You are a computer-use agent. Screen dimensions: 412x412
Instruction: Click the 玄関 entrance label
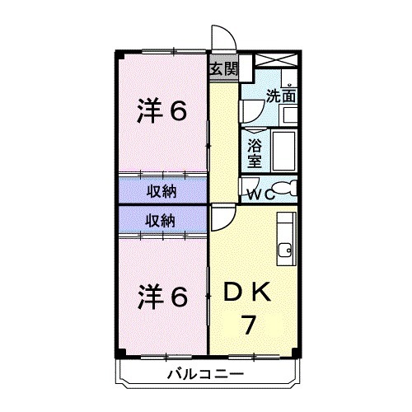pos(222,69)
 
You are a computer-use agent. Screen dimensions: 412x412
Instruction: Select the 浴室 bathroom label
pos(255,153)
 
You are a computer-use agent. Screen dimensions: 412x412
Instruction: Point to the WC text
pos(263,195)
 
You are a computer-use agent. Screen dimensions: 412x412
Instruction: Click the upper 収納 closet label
pos(162,191)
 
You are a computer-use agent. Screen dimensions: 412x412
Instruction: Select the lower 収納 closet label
pos(162,220)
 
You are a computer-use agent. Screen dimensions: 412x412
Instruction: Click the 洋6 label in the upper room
pos(161,110)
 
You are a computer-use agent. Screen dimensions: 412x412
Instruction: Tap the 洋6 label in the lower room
pos(161,293)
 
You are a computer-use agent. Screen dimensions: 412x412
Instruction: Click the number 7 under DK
pos(248,324)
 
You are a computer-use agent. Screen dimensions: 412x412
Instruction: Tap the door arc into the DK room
pos(222,217)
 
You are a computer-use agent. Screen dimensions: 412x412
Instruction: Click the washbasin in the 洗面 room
pos(285,115)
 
